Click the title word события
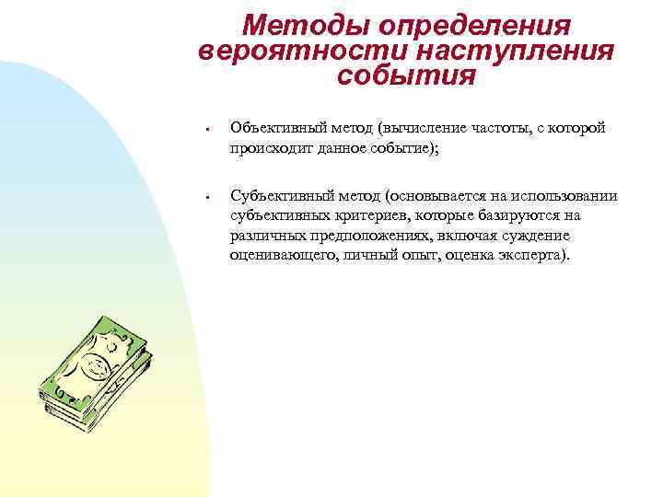(406, 75)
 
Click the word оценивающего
(279, 254)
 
